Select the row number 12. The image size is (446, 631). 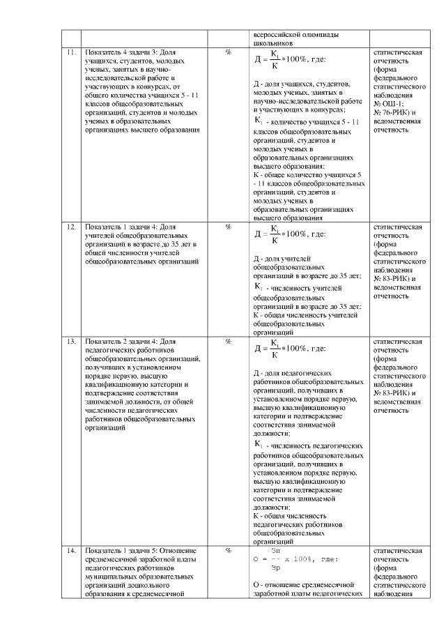(x=71, y=227)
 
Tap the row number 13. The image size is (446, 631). (x=71, y=342)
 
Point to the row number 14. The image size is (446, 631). (x=71, y=551)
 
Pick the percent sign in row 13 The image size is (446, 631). (x=228, y=342)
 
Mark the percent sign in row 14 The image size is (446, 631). (x=228, y=551)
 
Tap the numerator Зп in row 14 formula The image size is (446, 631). (x=275, y=551)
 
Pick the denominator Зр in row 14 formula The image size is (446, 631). (x=275, y=567)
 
